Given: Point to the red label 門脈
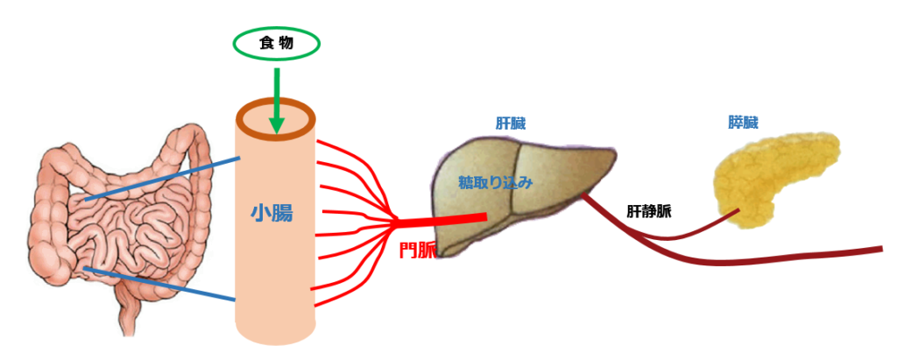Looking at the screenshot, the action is (x=418, y=251).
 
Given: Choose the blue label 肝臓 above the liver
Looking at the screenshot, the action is (x=511, y=123).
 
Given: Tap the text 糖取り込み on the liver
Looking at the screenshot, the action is (x=496, y=183).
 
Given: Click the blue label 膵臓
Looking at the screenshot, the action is (x=743, y=123).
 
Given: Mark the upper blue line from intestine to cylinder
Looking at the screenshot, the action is (x=162, y=180).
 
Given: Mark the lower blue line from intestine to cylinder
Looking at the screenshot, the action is (x=159, y=284).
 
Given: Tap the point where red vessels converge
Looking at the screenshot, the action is (x=397, y=220).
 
